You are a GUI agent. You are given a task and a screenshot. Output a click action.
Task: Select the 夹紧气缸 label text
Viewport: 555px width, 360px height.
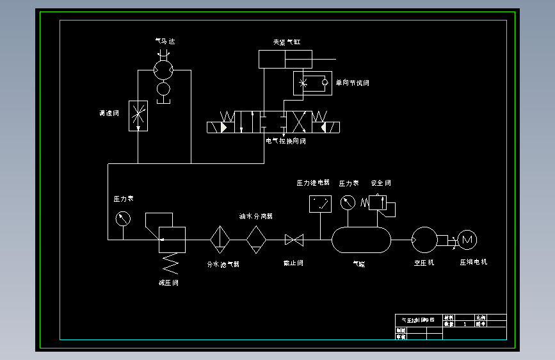pyautogui.click(x=286, y=42)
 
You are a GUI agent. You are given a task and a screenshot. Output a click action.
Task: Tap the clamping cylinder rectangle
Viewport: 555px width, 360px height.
pyautogui.click(x=285, y=60)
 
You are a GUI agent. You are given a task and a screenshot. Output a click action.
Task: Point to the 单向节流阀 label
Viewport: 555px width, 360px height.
pyautogui.click(x=352, y=83)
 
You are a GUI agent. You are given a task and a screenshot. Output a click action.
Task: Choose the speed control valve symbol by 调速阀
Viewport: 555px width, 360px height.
pyautogui.click(x=138, y=116)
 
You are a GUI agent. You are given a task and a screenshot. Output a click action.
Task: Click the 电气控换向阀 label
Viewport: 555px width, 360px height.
pyautogui.click(x=286, y=141)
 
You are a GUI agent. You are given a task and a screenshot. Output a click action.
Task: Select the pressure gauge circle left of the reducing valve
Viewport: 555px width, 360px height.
pyautogui.click(x=123, y=218)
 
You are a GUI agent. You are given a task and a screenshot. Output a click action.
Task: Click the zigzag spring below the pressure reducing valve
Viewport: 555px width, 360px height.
pyautogui.click(x=170, y=261)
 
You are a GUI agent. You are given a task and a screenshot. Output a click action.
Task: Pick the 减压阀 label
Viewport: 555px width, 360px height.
pyautogui.click(x=168, y=282)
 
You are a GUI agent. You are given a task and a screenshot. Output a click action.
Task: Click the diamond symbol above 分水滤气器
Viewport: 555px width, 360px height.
pyautogui.click(x=220, y=240)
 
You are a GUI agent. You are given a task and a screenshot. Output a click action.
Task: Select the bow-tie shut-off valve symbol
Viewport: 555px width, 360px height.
pyautogui.click(x=294, y=240)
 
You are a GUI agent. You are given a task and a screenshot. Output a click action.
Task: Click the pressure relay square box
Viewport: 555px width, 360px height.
pyautogui.click(x=320, y=204)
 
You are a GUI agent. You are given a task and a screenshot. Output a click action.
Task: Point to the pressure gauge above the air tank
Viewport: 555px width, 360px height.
pyautogui.click(x=348, y=202)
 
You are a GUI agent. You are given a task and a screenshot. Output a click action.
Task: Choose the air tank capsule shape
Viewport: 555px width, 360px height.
pyautogui.click(x=361, y=240)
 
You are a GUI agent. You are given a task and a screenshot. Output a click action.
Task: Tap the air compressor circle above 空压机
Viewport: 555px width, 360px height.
pyautogui.click(x=424, y=240)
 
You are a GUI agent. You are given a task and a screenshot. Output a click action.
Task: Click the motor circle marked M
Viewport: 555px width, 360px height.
pyautogui.click(x=467, y=240)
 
